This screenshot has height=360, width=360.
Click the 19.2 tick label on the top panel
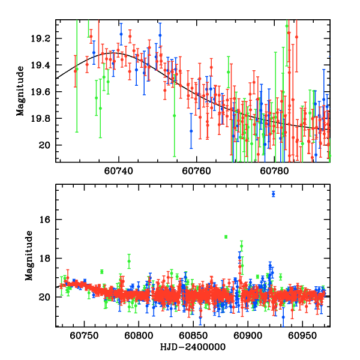coord(44,38)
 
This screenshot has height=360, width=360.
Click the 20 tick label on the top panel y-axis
coord(48,145)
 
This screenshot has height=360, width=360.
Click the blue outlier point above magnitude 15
coord(273,194)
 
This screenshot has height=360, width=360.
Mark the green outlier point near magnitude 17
coord(226,237)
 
